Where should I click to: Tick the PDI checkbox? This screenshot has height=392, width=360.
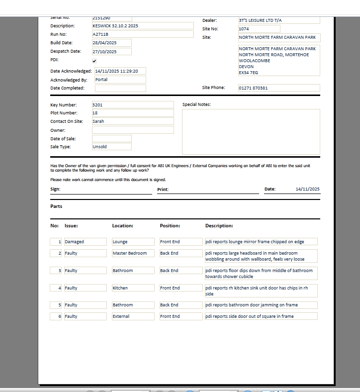click(94, 61)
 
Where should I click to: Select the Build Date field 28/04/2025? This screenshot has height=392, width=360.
click(111, 43)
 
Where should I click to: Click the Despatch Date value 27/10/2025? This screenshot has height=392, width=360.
click(111, 52)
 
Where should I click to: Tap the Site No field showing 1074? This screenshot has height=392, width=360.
click(259, 29)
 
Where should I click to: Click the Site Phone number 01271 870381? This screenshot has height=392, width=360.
click(278, 88)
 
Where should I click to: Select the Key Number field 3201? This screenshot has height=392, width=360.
click(132, 105)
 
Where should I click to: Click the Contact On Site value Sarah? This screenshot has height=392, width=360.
click(132, 121)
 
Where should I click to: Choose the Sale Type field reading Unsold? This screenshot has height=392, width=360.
click(111, 147)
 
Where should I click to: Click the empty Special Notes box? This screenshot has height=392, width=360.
click(251, 132)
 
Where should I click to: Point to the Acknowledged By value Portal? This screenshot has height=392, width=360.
click(120, 80)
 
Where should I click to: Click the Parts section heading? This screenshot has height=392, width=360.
click(56, 206)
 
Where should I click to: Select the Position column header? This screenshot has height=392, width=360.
click(170, 226)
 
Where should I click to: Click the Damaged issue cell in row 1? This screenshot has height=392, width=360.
click(85, 242)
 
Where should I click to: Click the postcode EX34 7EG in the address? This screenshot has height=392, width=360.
click(249, 73)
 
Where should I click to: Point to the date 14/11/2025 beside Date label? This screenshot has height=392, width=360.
click(307, 189)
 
